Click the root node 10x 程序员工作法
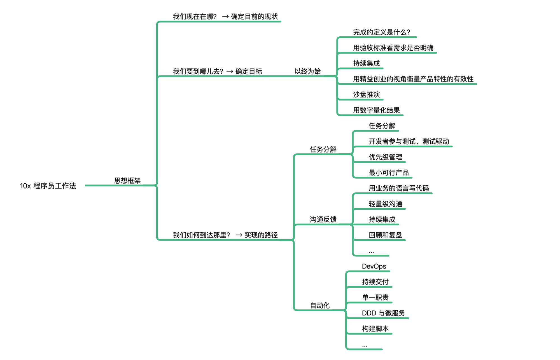coord(48,186)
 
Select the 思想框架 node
coord(127,181)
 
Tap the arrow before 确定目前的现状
coord(225,17)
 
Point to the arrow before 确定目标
coord(230,72)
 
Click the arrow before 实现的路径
coord(239,235)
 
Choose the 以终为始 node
coord(307,71)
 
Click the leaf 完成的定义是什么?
coord(381,32)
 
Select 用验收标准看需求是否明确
coord(393,48)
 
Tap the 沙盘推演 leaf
coord(366,95)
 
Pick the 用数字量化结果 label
coord(376,110)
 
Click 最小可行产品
coord(389,173)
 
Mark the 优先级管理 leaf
coord(385,157)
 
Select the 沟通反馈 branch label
coord(323,219)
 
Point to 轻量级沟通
coord(385,204)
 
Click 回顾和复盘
coord(385,235)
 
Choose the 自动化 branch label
coord(320,305)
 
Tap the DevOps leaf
coord(374,266)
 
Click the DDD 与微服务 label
coord(383,313)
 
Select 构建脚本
coord(375,329)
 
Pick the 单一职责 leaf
coord(375,297)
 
